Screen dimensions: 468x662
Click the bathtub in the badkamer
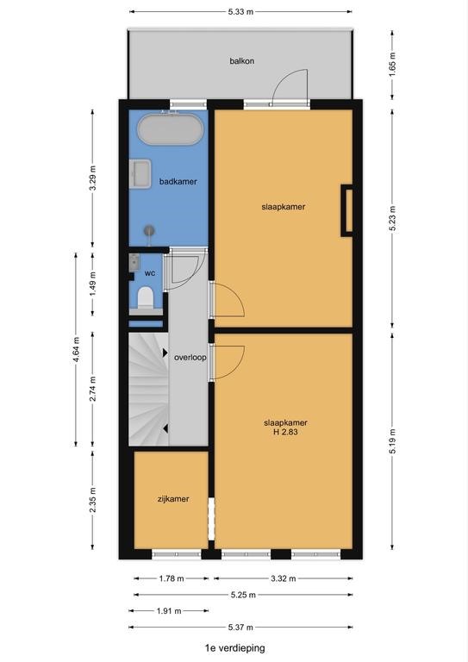coord(171,128)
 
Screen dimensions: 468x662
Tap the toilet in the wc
coord(146,297)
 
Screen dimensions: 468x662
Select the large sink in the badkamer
coord(140,173)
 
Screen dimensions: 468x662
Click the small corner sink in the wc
coord(134,262)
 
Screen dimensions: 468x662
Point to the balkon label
coord(242,61)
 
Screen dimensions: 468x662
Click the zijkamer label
coord(173,499)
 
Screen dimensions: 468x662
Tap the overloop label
coord(190,358)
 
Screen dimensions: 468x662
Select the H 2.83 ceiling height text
coord(285,432)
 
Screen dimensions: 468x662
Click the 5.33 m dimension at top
coord(240,12)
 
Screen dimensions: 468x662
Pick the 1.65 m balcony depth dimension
coord(392,64)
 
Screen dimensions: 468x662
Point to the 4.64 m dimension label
coord(76,349)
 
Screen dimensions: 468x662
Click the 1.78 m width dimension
coord(172,578)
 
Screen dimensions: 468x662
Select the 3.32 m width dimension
coord(284,578)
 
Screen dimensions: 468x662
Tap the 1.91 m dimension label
coord(169,611)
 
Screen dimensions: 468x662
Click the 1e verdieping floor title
coord(234,647)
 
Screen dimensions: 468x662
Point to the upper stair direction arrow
coord(165,353)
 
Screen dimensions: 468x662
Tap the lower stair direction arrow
coord(165,428)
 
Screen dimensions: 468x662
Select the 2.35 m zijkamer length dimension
coord(93,500)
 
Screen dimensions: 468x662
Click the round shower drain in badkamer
coord(149,230)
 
